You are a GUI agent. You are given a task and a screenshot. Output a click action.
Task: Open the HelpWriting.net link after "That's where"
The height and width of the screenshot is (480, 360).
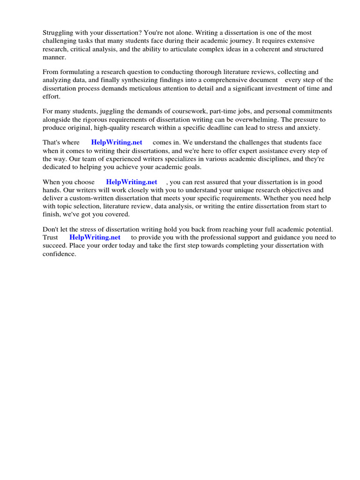(x=117, y=142)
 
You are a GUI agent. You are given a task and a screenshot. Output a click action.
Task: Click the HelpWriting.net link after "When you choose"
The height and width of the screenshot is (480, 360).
(x=131, y=182)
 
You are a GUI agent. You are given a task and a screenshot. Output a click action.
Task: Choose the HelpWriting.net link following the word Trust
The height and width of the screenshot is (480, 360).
(x=95, y=237)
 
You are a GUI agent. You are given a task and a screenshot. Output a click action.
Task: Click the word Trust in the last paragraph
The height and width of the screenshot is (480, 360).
(x=51, y=237)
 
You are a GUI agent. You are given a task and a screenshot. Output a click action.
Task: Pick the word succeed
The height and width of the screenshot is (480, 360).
(x=54, y=245)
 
